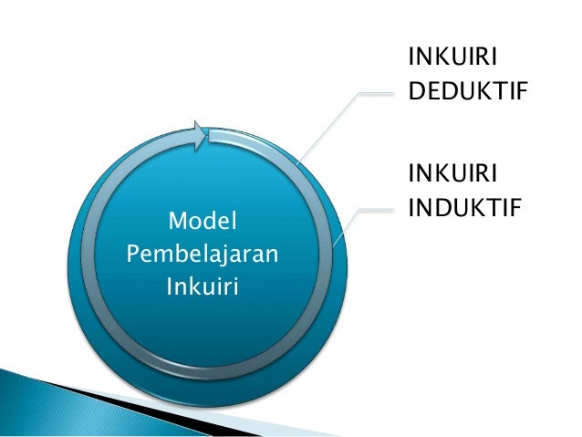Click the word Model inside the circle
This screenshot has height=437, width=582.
tap(203, 221)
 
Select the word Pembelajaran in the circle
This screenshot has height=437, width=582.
tap(202, 255)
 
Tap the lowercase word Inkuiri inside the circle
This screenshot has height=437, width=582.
tap(202, 288)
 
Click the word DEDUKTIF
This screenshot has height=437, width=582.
tap(468, 92)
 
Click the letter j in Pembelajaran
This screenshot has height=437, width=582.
tap(218, 256)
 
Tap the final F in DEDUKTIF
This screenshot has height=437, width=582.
tap(522, 92)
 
